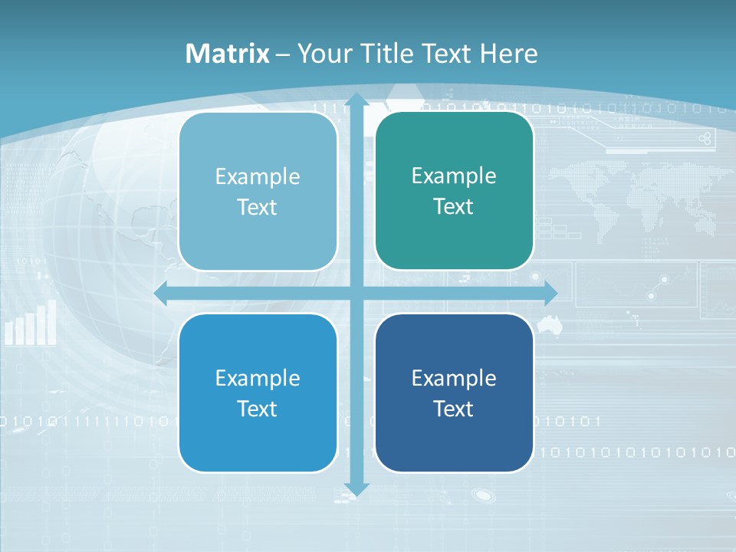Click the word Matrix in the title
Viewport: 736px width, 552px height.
(x=227, y=54)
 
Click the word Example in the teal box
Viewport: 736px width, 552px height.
(x=454, y=176)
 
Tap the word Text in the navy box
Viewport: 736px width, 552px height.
(x=454, y=409)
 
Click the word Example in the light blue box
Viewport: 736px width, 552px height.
(x=258, y=177)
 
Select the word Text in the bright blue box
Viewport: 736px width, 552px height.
(x=258, y=409)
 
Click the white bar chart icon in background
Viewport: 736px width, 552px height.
(x=31, y=324)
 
